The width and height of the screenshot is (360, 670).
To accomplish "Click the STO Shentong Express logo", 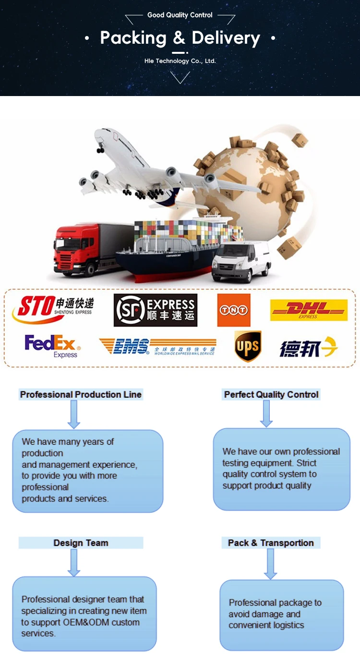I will point(53,309).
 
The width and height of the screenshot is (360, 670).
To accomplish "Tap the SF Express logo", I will point(156,310).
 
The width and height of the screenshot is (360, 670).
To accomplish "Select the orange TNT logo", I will point(234,310).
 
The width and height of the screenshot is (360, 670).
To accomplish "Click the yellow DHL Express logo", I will point(309,310).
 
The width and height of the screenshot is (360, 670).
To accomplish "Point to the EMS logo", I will point(157,346).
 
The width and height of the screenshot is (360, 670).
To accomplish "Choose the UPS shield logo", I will point(248,346).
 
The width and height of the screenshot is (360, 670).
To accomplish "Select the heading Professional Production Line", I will point(81,395).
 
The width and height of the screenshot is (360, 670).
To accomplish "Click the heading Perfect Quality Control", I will point(271,395).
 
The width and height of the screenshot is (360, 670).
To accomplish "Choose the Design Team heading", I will point(81,543).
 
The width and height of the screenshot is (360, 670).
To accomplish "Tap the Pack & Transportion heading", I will point(271,543).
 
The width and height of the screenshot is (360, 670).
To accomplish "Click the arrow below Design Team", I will point(73,562).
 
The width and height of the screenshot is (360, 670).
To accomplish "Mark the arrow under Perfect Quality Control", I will point(266,414).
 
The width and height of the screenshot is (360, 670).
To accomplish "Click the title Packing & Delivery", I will point(180,38).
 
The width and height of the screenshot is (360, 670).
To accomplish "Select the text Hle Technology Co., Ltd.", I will point(180,61).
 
